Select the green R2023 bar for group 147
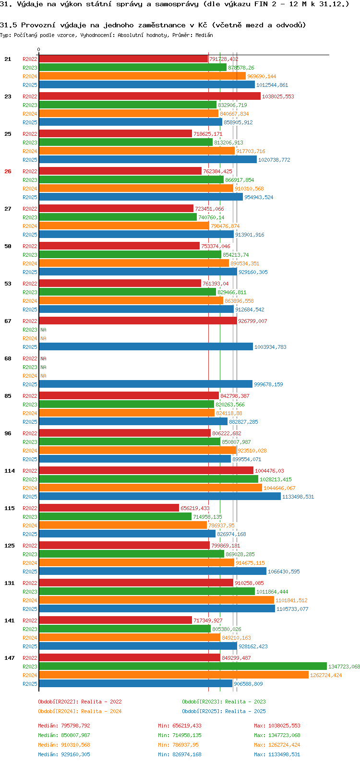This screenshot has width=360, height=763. [x=182, y=666]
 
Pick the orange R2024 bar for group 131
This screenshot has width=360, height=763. [x=156, y=600]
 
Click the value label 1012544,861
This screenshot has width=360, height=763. [x=272, y=85]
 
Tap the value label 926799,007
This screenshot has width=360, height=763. [x=252, y=321]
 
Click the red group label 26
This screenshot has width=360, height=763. [x=8, y=171]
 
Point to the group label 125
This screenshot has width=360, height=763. [x=10, y=546]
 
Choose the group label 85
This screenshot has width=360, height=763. [x=8, y=396]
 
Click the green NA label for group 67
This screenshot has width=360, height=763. [x=43, y=330]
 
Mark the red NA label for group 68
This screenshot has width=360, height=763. [x=43, y=358]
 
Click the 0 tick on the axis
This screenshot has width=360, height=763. [x=39, y=50]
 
